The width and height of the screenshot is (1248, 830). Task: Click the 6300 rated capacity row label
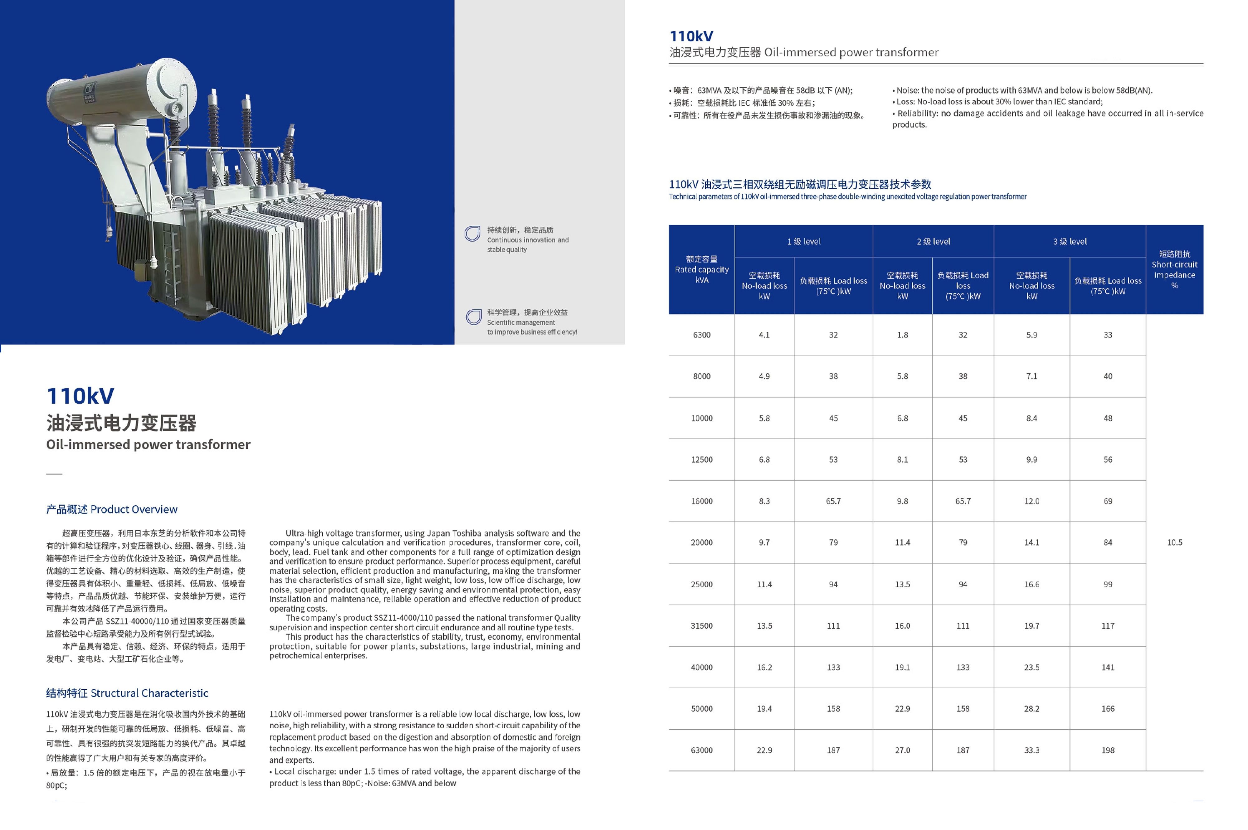[701, 335]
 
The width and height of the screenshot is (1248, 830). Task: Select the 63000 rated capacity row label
[701, 750]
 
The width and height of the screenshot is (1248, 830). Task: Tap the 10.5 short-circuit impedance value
[1174, 543]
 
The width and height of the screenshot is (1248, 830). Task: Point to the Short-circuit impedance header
[1174, 269]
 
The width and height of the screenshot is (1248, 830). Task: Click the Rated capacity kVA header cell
[701, 269]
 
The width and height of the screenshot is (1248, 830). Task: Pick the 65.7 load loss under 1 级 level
[833, 501]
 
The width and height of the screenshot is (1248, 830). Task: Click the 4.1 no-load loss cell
[764, 335]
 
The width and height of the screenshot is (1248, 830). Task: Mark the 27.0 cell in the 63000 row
[902, 750]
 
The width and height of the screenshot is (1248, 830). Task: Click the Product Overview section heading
[112, 509]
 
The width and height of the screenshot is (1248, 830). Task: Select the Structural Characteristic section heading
[127, 693]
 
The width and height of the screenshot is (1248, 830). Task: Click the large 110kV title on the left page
[80, 396]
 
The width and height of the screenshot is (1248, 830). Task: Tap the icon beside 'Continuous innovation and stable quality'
[472, 234]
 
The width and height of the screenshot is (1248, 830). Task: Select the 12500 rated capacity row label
[701, 460]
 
